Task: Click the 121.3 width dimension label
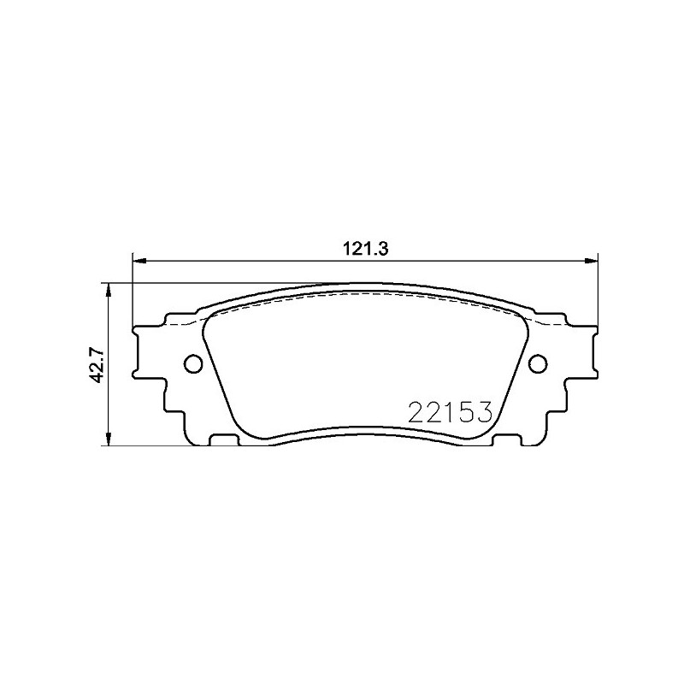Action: [366, 249]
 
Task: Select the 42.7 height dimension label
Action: [97, 364]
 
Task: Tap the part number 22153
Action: [451, 412]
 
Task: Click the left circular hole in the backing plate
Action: [193, 363]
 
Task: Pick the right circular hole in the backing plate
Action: [538, 363]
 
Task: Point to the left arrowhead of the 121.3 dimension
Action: [139, 262]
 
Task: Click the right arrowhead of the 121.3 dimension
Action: [591, 262]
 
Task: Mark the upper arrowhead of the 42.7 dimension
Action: [109, 290]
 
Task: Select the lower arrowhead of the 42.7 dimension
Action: [109, 439]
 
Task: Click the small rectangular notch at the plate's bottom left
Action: [224, 439]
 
